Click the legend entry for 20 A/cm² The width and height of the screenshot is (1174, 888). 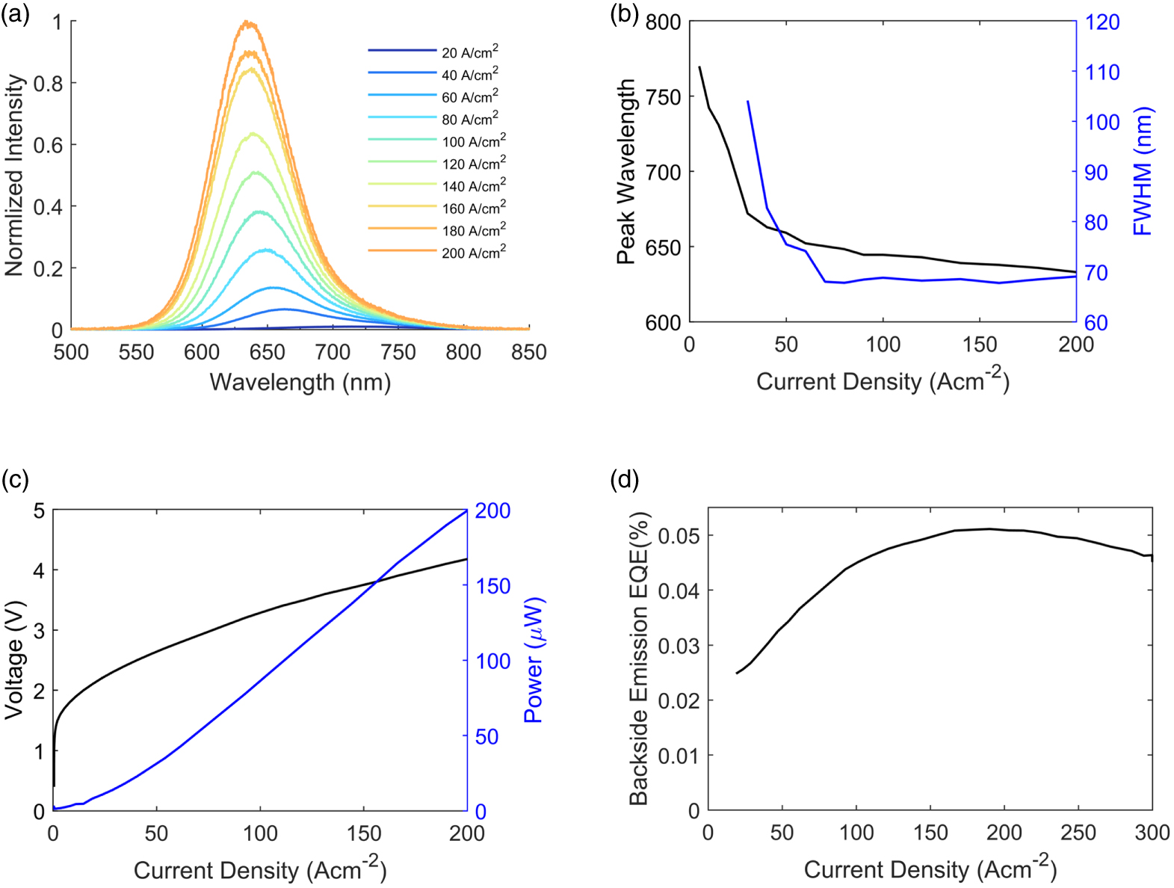click(x=469, y=52)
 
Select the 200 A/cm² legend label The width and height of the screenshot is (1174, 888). click(x=473, y=253)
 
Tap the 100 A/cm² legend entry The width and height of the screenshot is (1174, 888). click(x=473, y=141)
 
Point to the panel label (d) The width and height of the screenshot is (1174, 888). click(x=625, y=479)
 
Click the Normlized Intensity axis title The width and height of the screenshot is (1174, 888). click(x=15, y=176)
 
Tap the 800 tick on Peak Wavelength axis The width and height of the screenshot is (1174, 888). click(x=663, y=22)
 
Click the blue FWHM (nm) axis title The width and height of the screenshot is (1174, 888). click(x=1143, y=172)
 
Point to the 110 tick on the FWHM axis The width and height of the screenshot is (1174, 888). click(x=1102, y=73)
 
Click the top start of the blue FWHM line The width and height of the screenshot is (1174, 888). click(x=747, y=101)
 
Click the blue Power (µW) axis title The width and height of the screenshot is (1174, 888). click(x=534, y=660)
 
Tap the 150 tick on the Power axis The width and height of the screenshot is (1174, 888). click(x=493, y=586)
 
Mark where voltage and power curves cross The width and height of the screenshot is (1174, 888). click(x=376, y=582)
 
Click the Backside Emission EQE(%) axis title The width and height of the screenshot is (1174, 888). click(x=639, y=659)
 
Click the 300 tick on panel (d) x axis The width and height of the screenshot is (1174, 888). click(x=1152, y=833)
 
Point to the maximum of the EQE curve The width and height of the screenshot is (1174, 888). click(x=988, y=528)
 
